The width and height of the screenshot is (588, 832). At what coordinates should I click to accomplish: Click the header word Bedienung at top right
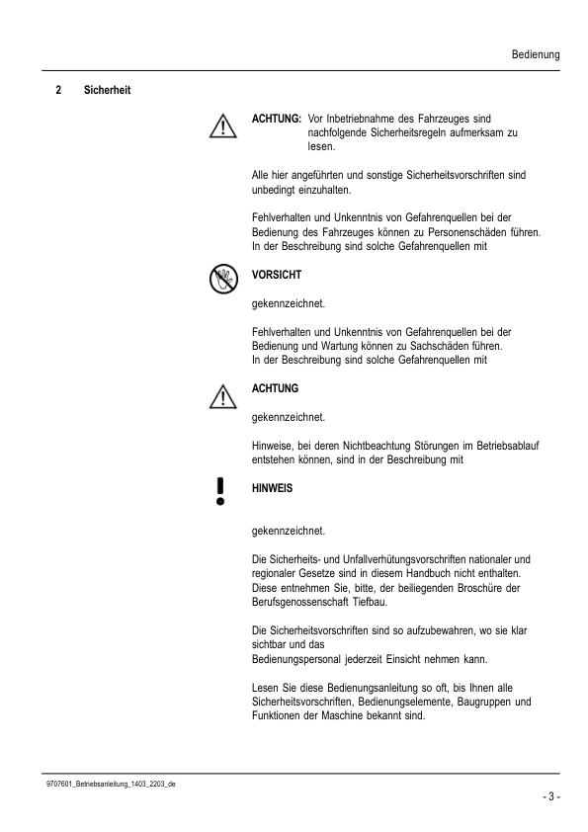(536, 55)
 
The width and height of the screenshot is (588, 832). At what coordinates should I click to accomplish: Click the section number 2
(57, 92)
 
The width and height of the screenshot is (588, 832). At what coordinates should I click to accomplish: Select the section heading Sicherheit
(109, 92)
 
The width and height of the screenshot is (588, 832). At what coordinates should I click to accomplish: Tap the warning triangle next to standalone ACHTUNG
(223, 397)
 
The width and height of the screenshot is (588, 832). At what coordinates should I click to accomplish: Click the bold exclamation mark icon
(220, 490)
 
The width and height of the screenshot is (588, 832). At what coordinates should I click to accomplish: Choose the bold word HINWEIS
(273, 488)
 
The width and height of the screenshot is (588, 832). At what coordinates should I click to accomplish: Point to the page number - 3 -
(550, 796)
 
